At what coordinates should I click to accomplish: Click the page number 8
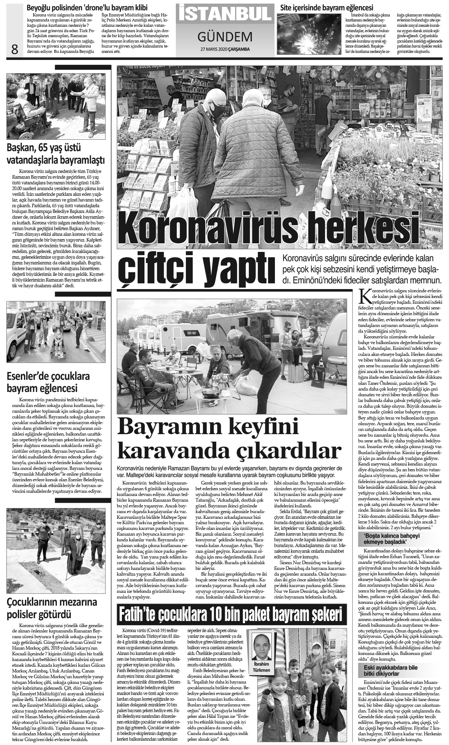point(14,49)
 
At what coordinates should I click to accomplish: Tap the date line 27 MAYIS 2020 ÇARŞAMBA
point(224,49)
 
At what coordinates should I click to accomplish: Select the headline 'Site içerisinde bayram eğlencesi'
point(327,7)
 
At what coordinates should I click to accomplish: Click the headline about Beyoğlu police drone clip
point(88,7)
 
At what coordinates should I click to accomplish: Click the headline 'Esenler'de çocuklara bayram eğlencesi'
point(48,382)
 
